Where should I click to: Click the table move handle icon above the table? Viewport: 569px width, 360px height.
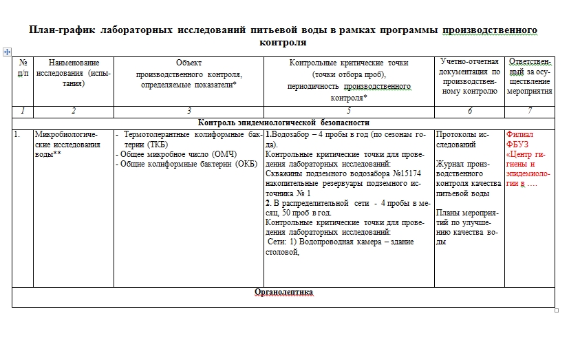pos(7,51)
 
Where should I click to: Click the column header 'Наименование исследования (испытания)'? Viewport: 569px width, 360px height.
pos(73,73)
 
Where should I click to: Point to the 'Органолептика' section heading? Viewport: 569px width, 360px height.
pos(283,292)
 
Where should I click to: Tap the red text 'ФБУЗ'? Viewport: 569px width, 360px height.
pos(517,145)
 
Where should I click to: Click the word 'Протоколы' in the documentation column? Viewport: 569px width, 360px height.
pos(455,135)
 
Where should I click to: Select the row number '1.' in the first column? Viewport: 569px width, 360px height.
pos(17,135)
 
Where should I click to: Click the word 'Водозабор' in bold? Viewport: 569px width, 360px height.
pos(290,135)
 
